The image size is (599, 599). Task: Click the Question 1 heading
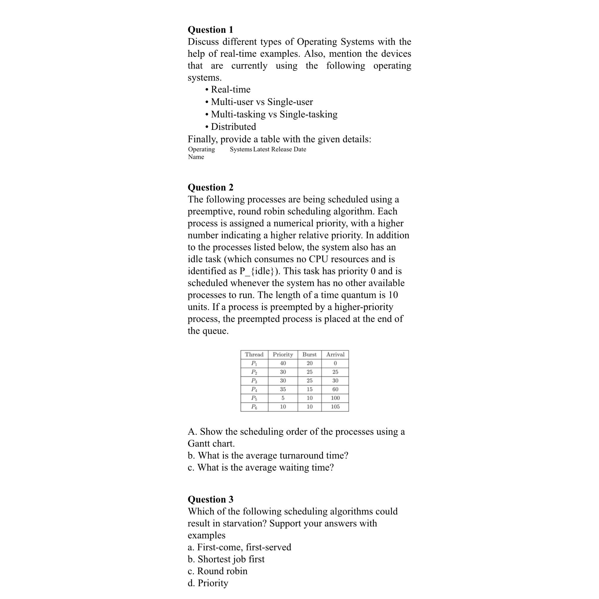coord(210,30)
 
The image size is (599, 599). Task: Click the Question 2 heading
coord(210,187)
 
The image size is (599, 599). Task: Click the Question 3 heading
coord(210,499)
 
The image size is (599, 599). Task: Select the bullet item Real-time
coord(230,89)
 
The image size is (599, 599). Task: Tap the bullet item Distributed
coord(233,127)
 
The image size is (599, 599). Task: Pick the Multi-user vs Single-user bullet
coord(262,102)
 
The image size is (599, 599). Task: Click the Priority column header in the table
coord(283,354)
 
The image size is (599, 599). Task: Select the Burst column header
coord(309,354)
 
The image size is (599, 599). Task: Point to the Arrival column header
coord(335,354)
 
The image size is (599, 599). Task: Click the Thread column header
coord(254,354)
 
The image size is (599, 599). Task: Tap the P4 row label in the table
coord(254,389)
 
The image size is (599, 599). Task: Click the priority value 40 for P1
coord(283,363)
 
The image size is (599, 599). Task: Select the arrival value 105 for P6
coord(335,407)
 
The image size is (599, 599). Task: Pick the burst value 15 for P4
coord(309,389)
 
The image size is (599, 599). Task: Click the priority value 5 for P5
coord(283,398)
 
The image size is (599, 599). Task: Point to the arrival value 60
coord(335,389)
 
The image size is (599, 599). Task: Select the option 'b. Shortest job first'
coord(226,559)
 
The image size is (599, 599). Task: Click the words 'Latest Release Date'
coord(279,149)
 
